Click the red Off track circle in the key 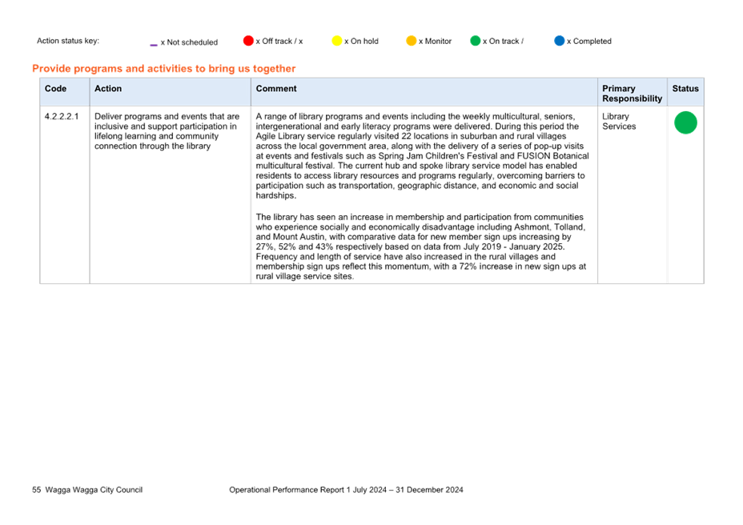tap(248, 41)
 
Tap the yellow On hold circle tap(337, 41)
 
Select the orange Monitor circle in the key tap(412, 41)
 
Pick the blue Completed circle tap(560, 41)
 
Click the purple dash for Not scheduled tap(154, 45)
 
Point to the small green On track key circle tap(476, 41)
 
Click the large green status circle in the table tap(685, 122)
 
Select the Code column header tap(55, 89)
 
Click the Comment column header tap(276, 89)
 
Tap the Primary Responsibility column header tap(633, 94)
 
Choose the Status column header tap(685, 89)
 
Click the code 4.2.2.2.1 tap(62, 117)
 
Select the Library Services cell tap(619, 122)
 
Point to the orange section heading tap(164, 69)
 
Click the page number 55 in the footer tap(37, 490)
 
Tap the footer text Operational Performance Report tap(287, 490)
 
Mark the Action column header tap(108, 89)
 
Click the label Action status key tap(68, 41)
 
